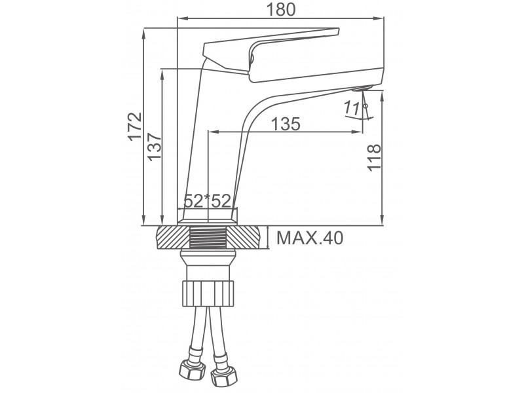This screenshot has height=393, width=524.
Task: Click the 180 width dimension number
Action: pos(281,9)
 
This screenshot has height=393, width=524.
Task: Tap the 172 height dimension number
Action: pos(135,126)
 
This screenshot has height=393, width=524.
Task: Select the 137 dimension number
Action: pos(155,147)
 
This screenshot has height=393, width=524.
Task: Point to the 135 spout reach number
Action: pos(286,124)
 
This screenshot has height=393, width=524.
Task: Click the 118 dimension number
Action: pos(374,158)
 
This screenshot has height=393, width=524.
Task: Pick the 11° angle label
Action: pos(355,108)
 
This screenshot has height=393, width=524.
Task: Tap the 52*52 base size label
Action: pos(208,201)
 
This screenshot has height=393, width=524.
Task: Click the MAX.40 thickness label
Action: pos(310,238)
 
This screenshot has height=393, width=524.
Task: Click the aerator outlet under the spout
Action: pos(362,88)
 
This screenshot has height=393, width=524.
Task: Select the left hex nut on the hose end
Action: pos(192,369)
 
